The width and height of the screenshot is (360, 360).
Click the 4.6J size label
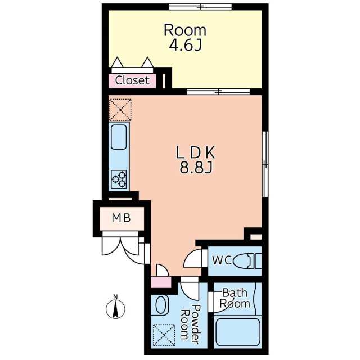click(185, 46)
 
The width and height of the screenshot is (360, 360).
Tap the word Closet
click(132, 80)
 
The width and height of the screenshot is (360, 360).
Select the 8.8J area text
click(196, 168)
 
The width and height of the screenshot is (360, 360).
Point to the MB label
click(121, 218)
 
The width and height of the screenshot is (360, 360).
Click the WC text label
click(222, 260)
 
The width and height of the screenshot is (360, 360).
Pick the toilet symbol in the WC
click(247, 261)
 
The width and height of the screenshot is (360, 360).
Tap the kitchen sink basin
click(119, 137)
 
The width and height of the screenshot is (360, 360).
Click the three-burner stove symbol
click(119, 179)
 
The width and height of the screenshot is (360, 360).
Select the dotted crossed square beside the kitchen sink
click(120, 110)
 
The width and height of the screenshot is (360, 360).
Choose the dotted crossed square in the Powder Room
click(164, 335)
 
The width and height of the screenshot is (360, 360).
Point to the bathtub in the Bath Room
click(238, 332)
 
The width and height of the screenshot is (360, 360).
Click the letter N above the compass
click(115, 296)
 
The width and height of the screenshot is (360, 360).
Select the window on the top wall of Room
click(200, 7)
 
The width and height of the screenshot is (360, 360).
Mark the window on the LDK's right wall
click(265, 164)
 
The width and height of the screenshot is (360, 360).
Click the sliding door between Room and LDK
click(218, 92)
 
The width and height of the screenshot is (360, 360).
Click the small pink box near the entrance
click(161, 282)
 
